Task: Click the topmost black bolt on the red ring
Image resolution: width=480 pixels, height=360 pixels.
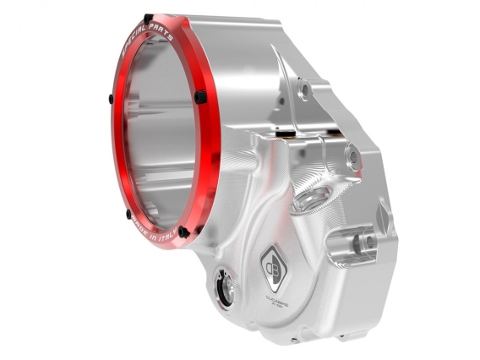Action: click(x=149, y=18)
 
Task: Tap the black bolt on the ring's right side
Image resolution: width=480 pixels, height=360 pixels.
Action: click(x=200, y=97)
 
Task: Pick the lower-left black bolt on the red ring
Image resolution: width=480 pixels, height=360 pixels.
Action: click(x=128, y=214)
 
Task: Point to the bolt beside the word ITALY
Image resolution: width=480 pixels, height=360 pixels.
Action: click(x=183, y=231)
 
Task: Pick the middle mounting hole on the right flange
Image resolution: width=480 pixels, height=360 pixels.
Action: click(x=352, y=155)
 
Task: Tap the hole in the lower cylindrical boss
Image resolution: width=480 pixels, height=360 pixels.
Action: click(x=367, y=241)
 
